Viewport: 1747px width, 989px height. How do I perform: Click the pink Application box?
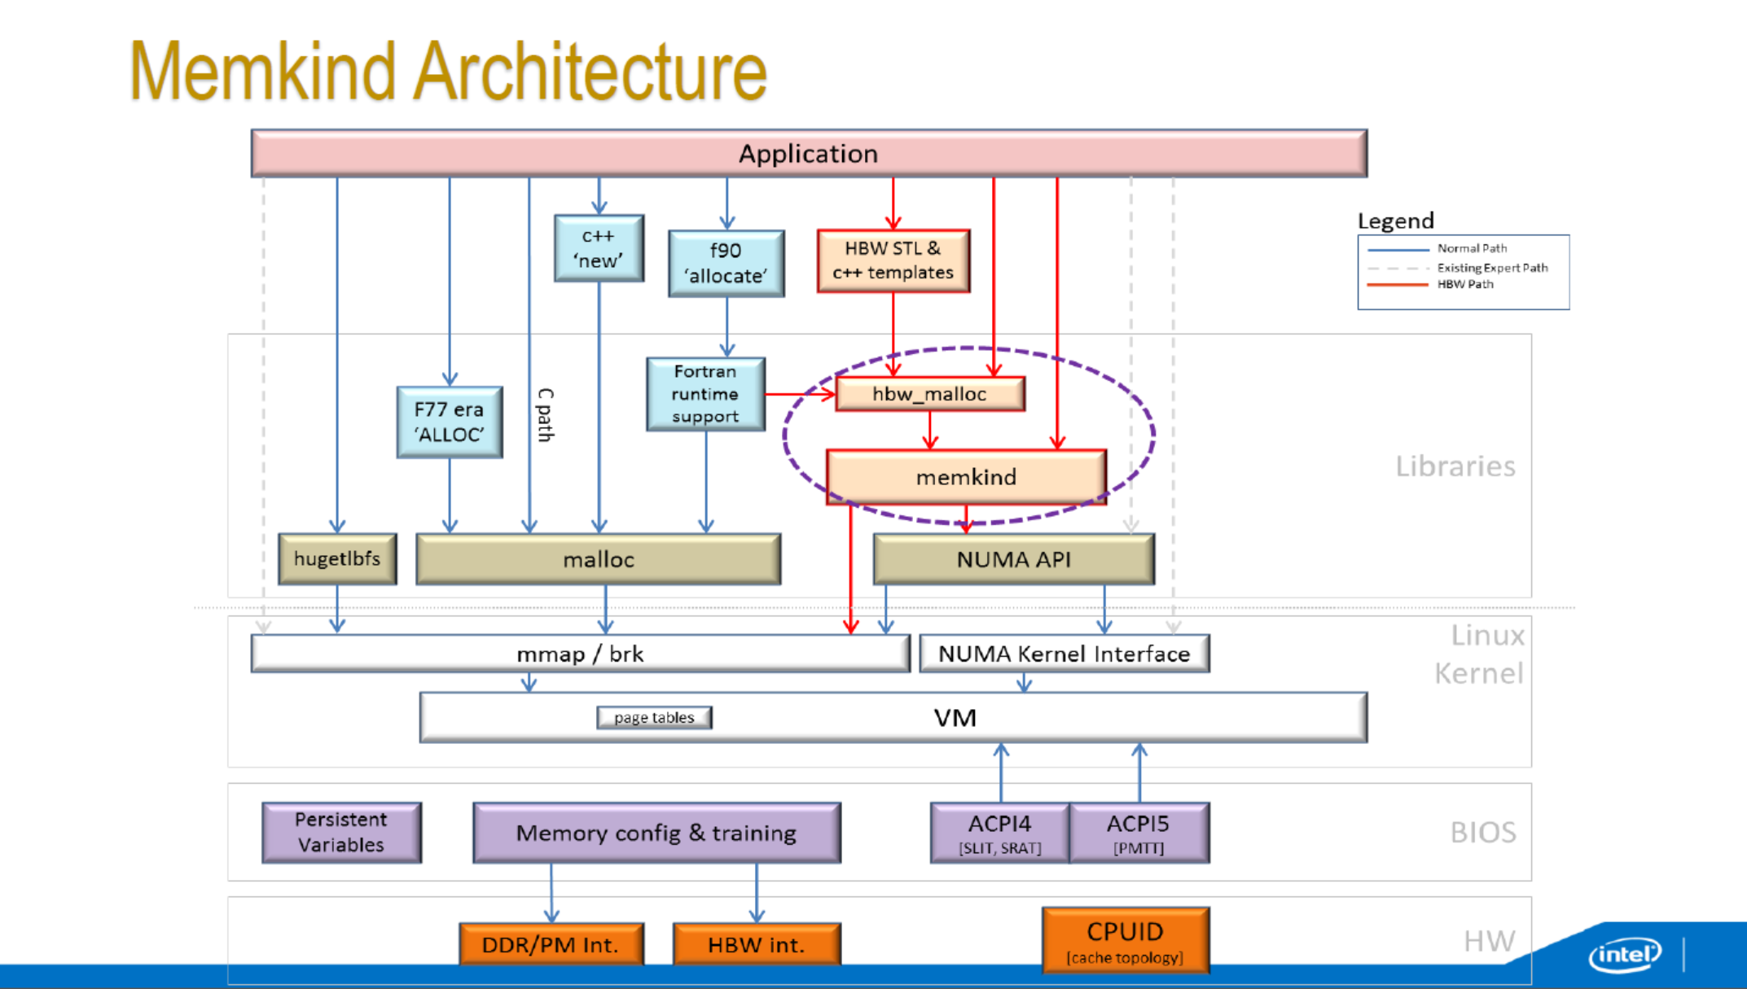coord(809,153)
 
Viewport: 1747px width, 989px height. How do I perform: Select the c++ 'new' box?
coord(599,248)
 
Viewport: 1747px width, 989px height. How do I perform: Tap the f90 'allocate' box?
coord(726,263)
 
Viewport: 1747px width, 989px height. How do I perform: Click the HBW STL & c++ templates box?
coord(893,260)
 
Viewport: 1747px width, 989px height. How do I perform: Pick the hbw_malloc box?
coord(929,394)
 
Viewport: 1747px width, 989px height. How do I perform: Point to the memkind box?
coord(966,477)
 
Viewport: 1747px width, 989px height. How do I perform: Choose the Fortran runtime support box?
coord(705,394)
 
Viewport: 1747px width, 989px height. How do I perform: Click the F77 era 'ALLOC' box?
coord(449,422)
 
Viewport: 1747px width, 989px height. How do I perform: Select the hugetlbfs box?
coord(337,558)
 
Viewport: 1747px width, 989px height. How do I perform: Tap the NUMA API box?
coord(1013,559)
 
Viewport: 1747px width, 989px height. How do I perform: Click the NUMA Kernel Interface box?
coord(1064,654)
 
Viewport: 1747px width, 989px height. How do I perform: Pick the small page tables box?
coord(654,717)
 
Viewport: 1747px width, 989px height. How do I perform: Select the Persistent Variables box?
coord(341,832)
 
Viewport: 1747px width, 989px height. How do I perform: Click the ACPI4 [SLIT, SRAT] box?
coord(999,833)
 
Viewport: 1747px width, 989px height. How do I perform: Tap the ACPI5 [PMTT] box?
coord(1139,833)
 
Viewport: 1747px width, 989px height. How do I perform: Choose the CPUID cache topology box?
coord(1125,940)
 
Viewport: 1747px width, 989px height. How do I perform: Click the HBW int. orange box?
coord(756,944)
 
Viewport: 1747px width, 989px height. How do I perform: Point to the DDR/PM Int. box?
coord(551,944)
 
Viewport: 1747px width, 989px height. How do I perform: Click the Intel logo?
coord(1625,953)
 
